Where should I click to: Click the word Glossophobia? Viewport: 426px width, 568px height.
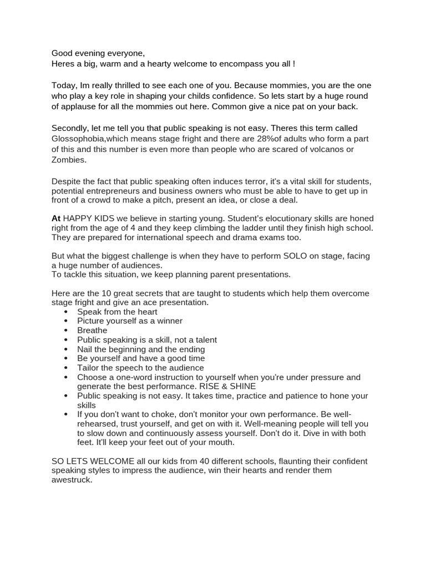(75, 139)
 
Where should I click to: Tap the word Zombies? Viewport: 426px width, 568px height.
(69, 160)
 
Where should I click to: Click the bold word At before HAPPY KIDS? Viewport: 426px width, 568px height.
(56, 219)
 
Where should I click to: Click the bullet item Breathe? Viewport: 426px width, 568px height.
(92, 330)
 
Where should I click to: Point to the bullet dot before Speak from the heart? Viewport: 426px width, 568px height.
(66, 312)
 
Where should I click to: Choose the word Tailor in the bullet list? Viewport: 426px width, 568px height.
(89, 368)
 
